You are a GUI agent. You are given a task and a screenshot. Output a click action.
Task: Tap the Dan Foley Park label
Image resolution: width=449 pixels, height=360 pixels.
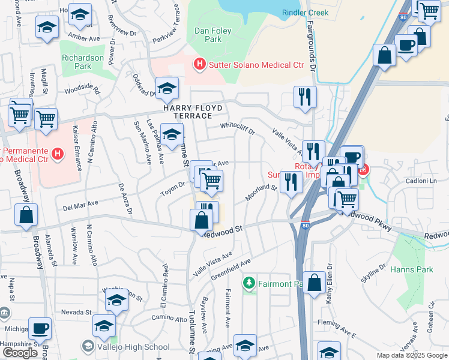coord(208,35)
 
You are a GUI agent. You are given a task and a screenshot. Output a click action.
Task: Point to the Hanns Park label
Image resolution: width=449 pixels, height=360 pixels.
coord(411,269)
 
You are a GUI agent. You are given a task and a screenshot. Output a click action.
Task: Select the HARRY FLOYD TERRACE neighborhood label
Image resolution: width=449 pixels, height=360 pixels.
coord(193,112)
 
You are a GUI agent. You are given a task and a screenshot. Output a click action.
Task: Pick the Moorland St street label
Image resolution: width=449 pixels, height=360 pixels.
coord(260,193)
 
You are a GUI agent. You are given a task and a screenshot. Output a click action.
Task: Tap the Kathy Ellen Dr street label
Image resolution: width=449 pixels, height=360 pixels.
coord(329,283)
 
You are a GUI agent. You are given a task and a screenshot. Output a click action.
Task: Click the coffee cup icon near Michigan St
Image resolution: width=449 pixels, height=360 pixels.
coord(40,328)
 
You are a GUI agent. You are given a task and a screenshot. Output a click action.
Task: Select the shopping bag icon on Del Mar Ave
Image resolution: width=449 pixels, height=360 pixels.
coord(26,215)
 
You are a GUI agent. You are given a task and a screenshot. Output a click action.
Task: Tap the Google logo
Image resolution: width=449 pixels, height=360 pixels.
coord(20,353)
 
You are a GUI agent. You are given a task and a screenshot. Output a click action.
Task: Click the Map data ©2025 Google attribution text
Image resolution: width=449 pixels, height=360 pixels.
coord(411,355)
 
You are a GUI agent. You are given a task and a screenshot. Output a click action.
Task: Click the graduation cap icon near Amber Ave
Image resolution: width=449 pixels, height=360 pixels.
coord(47,27)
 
